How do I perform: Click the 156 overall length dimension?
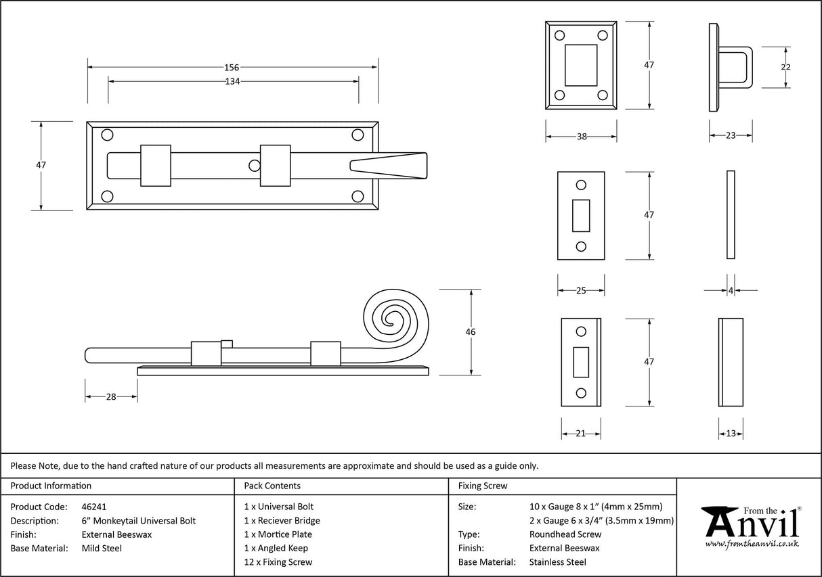click(x=232, y=67)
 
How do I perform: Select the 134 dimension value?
click(x=232, y=81)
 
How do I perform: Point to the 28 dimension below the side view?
click(x=110, y=396)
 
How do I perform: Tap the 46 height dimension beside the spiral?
click(x=471, y=331)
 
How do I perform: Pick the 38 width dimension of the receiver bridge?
click(x=581, y=136)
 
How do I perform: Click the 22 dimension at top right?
click(x=785, y=67)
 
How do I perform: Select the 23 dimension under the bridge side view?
click(x=730, y=136)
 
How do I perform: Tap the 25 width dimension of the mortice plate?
click(x=580, y=290)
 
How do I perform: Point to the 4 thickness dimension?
click(x=731, y=290)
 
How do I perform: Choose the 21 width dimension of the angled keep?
click(x=580, y=434)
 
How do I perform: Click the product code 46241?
click(x=93, y=506)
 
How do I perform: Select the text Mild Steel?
click(x=102, y=548)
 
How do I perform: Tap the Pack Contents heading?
click(x=272, y=486)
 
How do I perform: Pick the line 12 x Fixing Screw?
click(x=278, y=562)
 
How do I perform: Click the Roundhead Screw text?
click(x=555, y=534)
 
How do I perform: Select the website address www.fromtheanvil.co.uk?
click(x=752, y=543)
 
